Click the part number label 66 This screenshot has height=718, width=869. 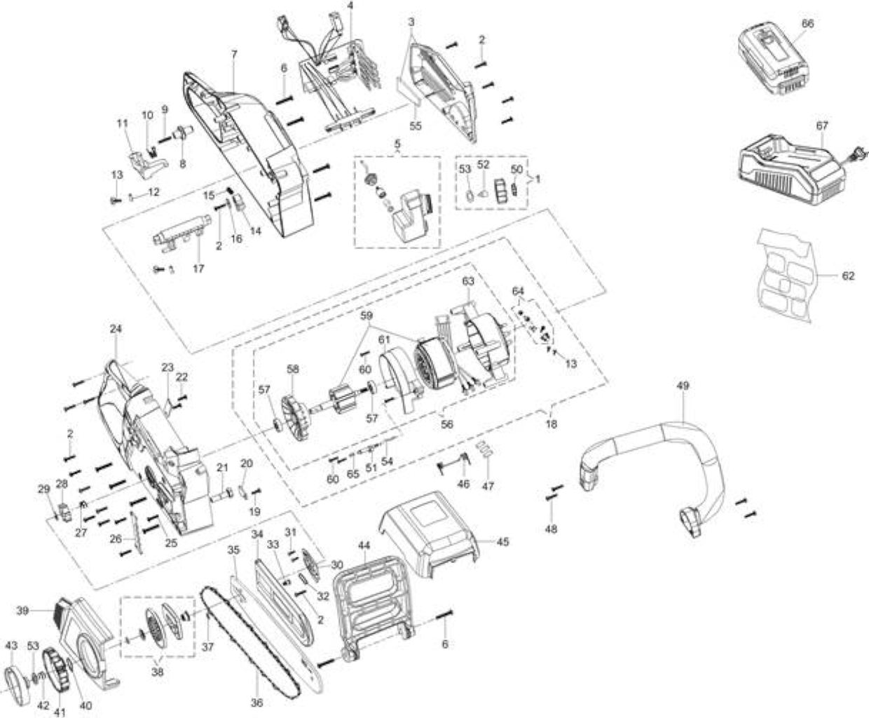[x=807, y=23]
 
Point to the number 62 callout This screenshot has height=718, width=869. [x=848, y=276]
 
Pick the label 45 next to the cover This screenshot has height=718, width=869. [x=502, y=542]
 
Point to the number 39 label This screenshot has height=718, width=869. [x=22, y=611]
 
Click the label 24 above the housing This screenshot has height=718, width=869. [x=116, y=329]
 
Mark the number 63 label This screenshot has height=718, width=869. [x=468, y=281]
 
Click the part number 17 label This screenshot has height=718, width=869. [x=199, y=269]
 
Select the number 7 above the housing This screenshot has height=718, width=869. [x=234, y=54]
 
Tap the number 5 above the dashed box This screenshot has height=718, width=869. [x=397, y=144]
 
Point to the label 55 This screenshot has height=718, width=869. [x=416, y=126]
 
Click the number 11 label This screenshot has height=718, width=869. [x=123, y=123]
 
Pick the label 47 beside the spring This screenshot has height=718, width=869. [x=488, y=486]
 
